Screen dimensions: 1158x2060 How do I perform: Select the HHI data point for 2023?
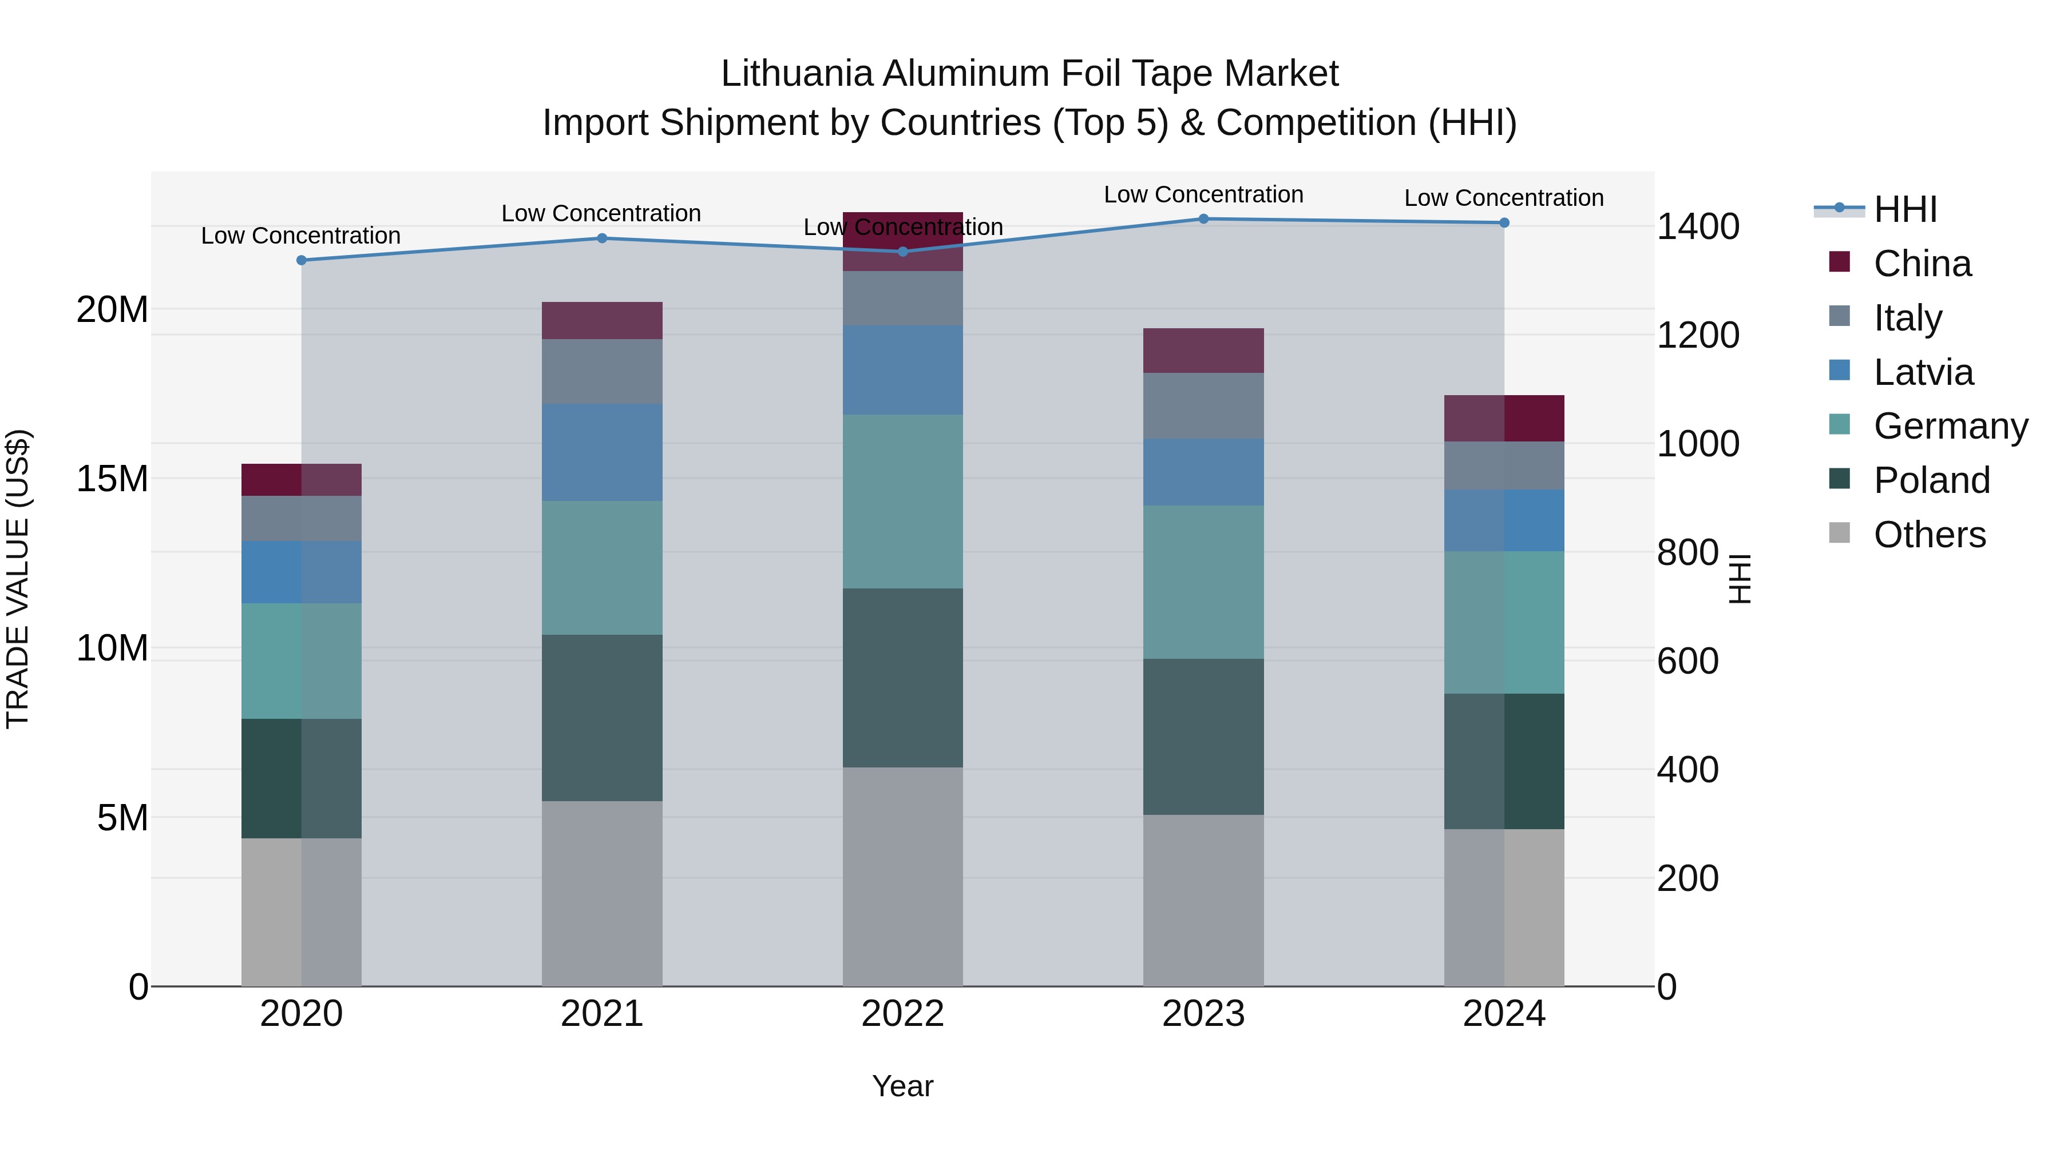click(x=1203, y=218)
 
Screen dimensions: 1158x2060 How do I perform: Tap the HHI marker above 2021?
click(x=602, y=238)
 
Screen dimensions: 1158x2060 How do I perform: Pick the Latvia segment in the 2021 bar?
click(x=602, y=452)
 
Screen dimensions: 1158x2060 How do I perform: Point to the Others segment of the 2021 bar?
click(x=602, y=893)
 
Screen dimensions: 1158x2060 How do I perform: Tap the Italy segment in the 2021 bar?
click(x=602, y=372)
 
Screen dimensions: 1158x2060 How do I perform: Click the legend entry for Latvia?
click(x=1923, y=372)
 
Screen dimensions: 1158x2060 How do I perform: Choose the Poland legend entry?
click(x=1931, y=480)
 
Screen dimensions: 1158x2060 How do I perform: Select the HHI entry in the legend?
click(x=1905, y=209)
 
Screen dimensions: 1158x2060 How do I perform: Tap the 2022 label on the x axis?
click(x=903, y=1014)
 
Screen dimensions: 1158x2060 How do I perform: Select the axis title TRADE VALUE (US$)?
click(x=18, y=579)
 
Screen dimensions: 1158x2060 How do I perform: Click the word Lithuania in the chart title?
click(x=797, y=74)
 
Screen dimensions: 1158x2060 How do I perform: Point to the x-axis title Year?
click(x=903, y=1086)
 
